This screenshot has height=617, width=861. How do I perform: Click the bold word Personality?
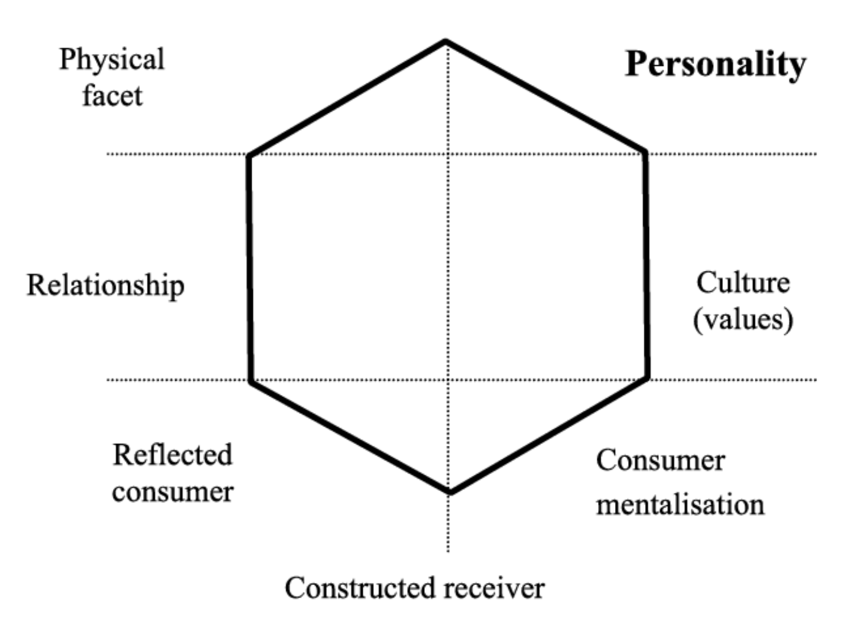coord(715,64)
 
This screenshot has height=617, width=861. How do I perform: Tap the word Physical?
coord(112,60)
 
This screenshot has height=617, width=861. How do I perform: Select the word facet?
coord(112,96)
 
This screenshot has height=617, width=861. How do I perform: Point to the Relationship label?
coord(105,285)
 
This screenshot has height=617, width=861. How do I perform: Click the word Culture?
coord(743,282)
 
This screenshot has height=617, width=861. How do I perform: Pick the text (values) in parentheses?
coord(743,319)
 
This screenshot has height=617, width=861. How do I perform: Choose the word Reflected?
coord(173,455)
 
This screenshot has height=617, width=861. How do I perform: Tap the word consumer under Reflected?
coord(173,492)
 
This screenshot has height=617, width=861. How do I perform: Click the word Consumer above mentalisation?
coord(660,460)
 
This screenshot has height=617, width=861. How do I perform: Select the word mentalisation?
coord(680,504)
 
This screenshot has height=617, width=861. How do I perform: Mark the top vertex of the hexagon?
coord(446,42)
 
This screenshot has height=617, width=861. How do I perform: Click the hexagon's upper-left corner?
coord(249,155)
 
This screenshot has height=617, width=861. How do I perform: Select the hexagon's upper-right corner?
coord(645,152)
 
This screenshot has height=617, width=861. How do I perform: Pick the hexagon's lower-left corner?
coord(251,381)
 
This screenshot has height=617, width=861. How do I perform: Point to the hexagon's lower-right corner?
coord(647,377)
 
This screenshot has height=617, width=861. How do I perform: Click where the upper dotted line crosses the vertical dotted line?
coord(447,154)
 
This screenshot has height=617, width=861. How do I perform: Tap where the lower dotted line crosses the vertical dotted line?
coord(447,379)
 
